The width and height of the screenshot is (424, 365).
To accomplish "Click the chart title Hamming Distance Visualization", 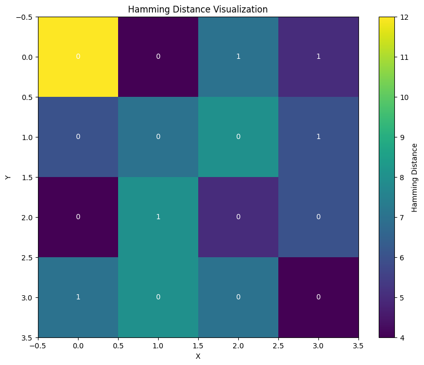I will pyautogui.click(x=198, y=9).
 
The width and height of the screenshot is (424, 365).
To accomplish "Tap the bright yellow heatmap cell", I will pyautogui.click(x=78, y=57).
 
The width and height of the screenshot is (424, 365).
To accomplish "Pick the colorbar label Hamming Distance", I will pyautogui.click(x=415, y=178).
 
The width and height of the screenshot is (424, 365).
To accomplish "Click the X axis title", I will pyautogui.click(x=198, y=357).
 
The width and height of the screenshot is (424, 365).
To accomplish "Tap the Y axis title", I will pyautogui.click(x=8, y=178).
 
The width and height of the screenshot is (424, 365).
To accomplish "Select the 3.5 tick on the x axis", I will pyautogui.click(x=358, y=346).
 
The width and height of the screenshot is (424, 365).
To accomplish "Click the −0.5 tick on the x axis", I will pyautogui.click(x=38, y=346).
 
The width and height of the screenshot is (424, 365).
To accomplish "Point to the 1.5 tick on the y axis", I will pyautogui.click(x=25, y=178).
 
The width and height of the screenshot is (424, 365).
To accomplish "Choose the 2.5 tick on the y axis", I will pyautogui.click(x=25, y=258).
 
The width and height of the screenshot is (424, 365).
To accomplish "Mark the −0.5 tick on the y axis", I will pyautogui.click(x=23, y=17).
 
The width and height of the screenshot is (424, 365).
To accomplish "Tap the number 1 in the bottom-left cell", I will pyautogui.click(x=78, y=297).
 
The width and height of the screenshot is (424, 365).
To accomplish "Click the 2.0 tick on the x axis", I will pyautogui.click(x=238, y=346).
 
